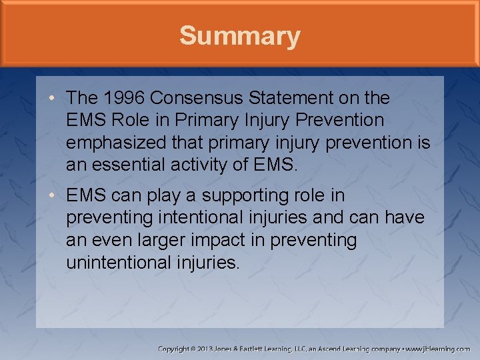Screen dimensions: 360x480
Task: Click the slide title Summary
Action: tap(239, 36)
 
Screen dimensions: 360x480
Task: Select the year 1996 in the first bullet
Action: tap(124, 98)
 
